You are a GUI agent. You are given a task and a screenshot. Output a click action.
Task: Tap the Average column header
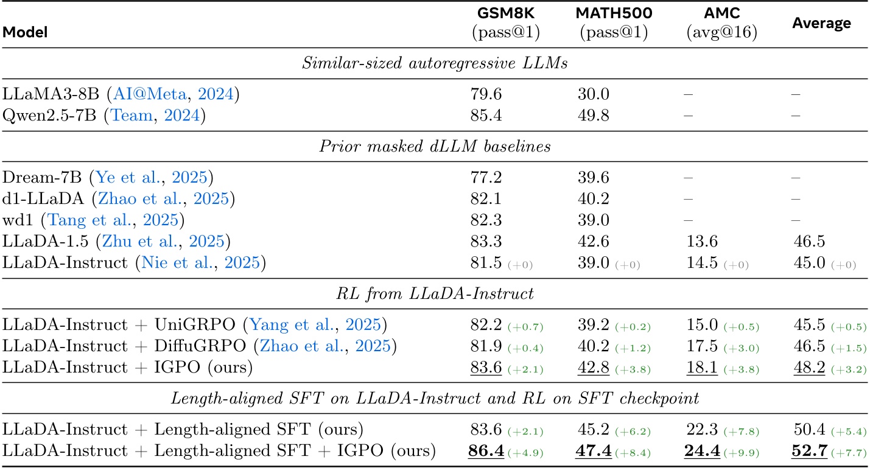coord(821,24)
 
